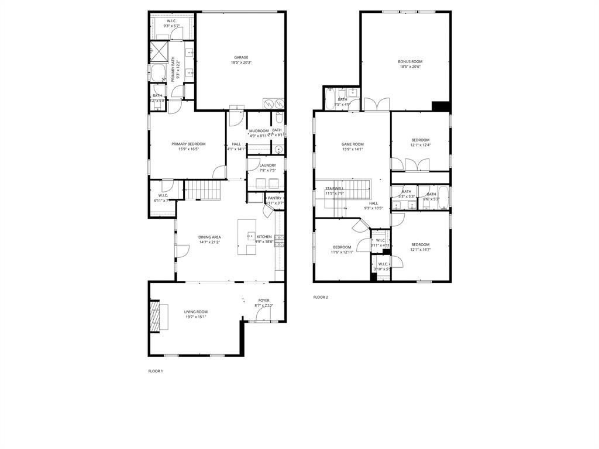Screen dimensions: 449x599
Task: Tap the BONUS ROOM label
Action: (x=410, y=61)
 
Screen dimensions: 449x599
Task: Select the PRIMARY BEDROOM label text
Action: (x=188, y=144)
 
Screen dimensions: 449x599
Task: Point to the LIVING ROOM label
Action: (x=196, y=312)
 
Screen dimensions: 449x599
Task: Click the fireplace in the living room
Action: (x=155, y=318)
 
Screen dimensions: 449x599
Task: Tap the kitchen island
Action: (x=247, y=237)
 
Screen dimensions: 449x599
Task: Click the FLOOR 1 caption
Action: (x=156, y=371)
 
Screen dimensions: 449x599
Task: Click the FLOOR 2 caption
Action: (x=321, y=297)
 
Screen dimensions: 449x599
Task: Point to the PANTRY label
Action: (x=274, y=198)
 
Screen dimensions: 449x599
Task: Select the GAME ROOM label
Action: (x=353, y=144)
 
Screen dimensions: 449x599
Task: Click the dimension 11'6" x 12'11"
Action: (x=342, y=252)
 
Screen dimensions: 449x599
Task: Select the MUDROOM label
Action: (x=259, y=130)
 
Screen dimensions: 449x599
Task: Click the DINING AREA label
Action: (x=209, y=237)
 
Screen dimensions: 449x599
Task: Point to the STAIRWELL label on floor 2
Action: (x=335, y=188)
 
